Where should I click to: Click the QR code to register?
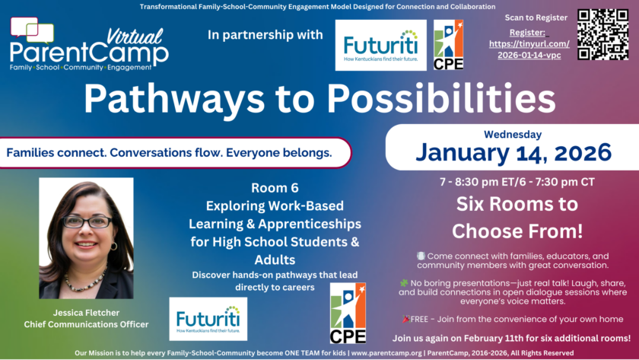(x=602, y=34)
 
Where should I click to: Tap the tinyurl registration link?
(x=529, y=49)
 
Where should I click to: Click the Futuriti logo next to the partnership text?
(x=380, y=45)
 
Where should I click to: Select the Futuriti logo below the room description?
(x=208, y=319)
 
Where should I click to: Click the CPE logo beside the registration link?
(x=448, y=45)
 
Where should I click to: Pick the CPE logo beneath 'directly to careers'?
(x=348, y=313)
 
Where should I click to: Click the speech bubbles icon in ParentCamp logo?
(x=32, y=30)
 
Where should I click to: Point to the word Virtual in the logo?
(x=135, y=37)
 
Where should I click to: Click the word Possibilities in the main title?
(x=441, y=98)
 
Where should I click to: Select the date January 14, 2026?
(x=513, y=152)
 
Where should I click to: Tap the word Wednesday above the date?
(x=513, y=134)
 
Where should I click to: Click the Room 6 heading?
(x=275, y=187)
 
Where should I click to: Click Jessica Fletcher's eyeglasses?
(x=87, y=221)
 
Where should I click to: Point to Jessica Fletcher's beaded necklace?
(x=85, y=280)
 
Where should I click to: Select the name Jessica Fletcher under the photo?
(x=86, y=313)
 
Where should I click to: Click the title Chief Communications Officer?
(x=86, y=324)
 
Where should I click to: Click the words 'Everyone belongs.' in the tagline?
(x=278, y=153)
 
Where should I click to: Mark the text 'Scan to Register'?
(x=536, y=18)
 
